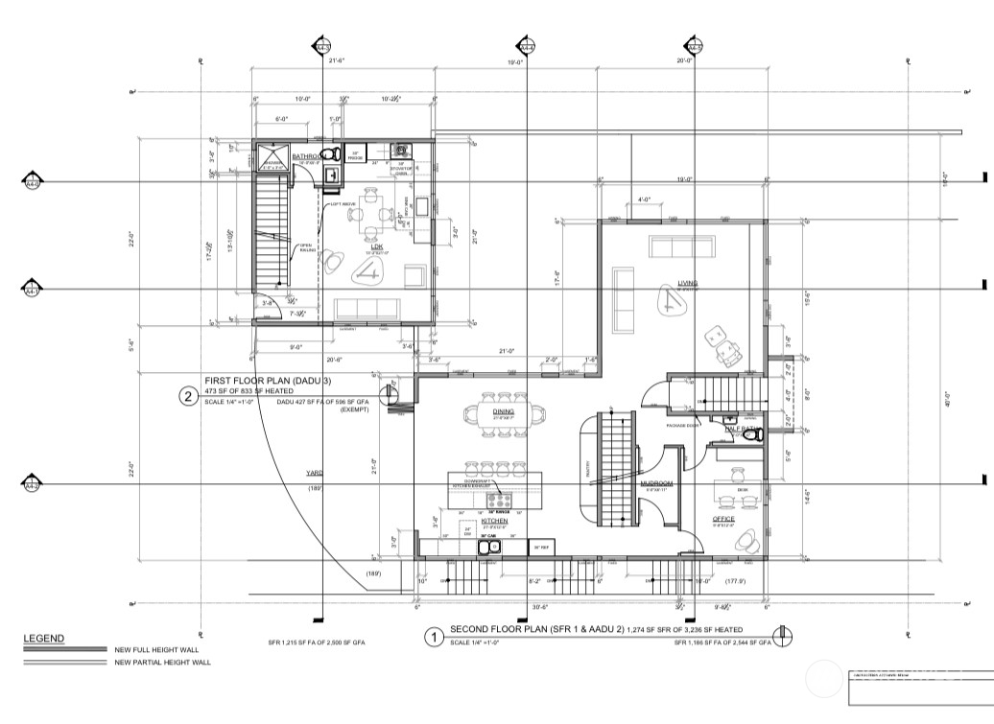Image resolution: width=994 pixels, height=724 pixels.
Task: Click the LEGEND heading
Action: (x=44, y=639)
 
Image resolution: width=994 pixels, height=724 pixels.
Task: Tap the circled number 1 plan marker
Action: (x=433, y=635)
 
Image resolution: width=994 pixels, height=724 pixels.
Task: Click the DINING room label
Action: (x=504, y=411)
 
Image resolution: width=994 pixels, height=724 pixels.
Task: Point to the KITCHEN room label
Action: (x=481, y=521)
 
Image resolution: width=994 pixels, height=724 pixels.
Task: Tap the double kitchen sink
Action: (x=490, y=547)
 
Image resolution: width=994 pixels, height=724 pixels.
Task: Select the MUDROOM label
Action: (x=657, y=483)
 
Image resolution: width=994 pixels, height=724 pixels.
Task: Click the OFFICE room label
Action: (x=723, y=519)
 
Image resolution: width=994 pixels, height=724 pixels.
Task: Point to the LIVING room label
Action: (x=687, y=283)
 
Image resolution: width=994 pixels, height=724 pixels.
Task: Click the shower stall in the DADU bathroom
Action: (x=272, y=159)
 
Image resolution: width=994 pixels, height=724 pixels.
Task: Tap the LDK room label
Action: (x=377, y=246)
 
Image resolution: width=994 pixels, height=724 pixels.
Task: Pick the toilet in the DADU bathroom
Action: (x=328, y=154)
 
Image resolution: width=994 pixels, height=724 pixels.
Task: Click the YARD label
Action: (x=314, y=472)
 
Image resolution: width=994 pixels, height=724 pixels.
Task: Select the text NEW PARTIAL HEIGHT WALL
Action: (x=162, y=663)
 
